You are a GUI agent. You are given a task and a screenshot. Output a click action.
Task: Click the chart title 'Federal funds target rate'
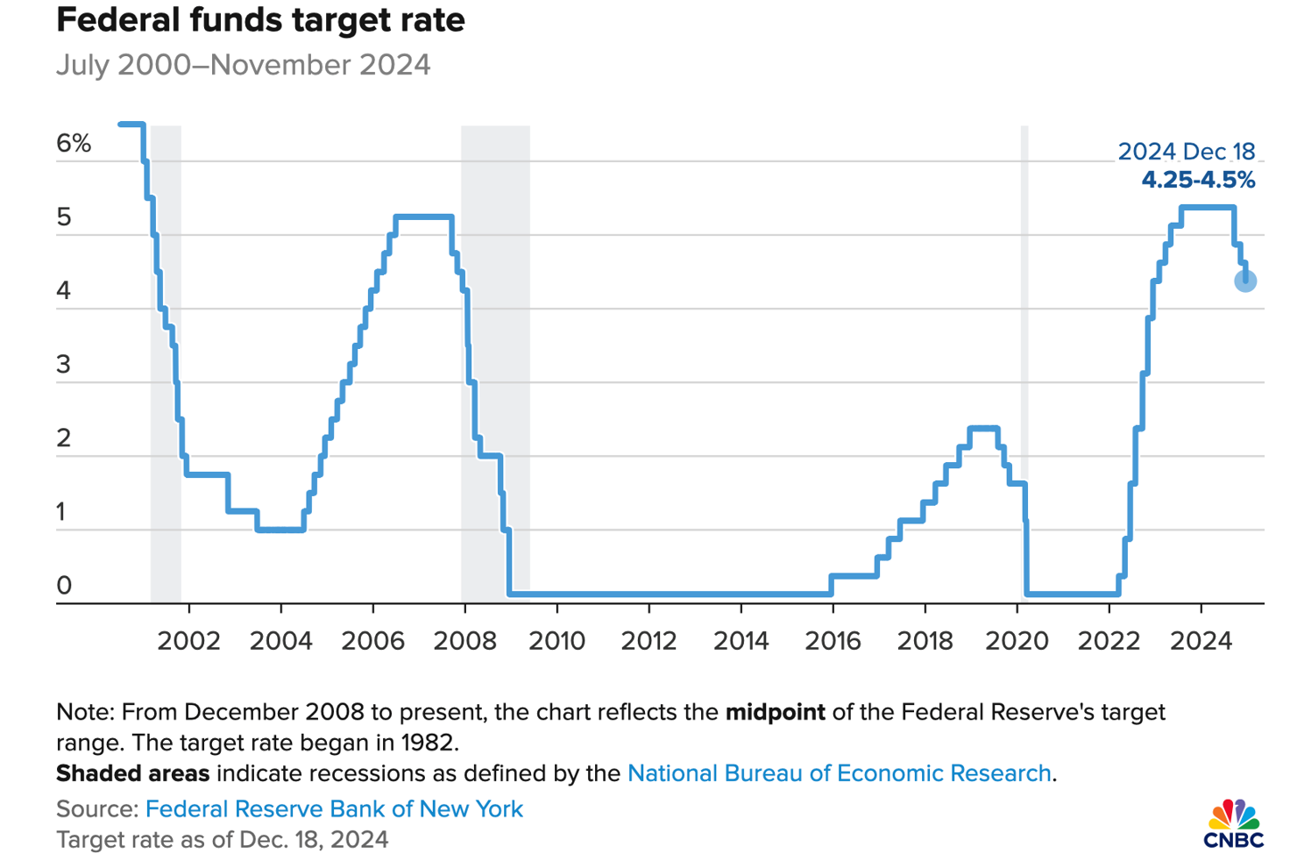tap(260, 20)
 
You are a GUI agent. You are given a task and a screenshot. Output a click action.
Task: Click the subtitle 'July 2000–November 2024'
tap(243, 66)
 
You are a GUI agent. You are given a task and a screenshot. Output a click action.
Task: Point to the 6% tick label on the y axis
tap(74, 144)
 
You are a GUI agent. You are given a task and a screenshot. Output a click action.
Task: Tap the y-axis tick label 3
tap(63, 365)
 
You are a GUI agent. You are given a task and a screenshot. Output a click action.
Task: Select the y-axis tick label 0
tap(63, 586)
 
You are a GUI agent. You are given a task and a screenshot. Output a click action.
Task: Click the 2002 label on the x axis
tap(188, 641)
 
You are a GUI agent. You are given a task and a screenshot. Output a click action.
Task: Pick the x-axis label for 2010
tap(556, 641)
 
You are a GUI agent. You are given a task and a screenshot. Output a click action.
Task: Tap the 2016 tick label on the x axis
tap(833, 641)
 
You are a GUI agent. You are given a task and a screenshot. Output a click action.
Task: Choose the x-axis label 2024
tap(1201, 641)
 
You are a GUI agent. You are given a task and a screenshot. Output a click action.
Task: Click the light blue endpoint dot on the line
tap(1245, 281)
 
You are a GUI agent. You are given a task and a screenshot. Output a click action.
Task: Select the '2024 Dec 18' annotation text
tap(1186, 152)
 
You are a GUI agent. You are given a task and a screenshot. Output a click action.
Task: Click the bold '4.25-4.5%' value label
tap(1197, 181)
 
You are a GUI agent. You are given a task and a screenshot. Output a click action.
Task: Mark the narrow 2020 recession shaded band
tap(1024, 351)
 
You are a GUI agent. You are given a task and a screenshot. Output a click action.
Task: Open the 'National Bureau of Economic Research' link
tap(839, 773)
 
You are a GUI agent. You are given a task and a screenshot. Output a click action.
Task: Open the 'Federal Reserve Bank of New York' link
tap(334, 808)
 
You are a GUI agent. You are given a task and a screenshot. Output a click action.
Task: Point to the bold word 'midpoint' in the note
tap(775, 712)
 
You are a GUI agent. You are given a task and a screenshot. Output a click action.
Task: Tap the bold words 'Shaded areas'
tap(132, 773)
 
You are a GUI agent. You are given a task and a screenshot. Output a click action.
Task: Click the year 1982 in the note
tap(429, 743)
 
